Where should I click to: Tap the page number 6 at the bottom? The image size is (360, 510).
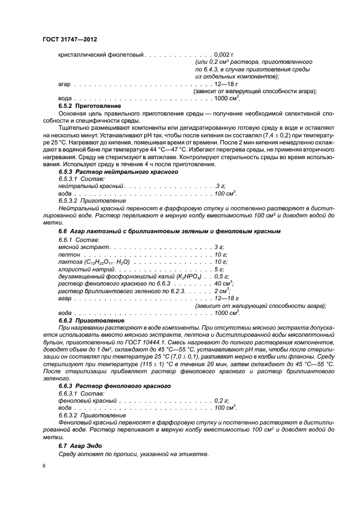click(x=44, y=466)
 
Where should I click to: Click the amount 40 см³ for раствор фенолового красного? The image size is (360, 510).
click(x=224, y=283)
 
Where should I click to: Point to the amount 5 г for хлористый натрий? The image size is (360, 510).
click(x=220, y=269)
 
